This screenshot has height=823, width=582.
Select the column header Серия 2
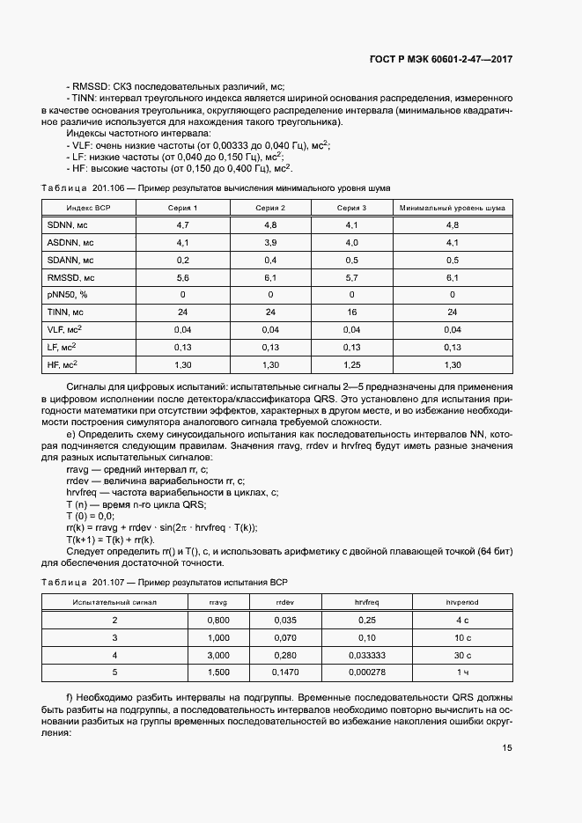270,208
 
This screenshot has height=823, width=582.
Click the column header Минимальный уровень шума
453,208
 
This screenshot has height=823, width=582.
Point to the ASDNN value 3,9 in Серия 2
270,242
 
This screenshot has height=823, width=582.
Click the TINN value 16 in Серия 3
351,312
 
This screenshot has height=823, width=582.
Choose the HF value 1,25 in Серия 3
351,364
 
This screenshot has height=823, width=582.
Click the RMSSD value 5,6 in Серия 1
183,276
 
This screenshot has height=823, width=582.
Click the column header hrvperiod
462,602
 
